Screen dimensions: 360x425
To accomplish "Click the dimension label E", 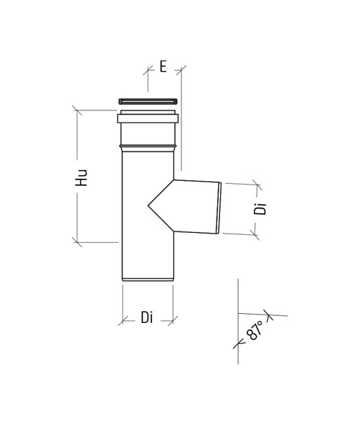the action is point(163,66).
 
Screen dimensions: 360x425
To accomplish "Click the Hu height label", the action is point(82,178).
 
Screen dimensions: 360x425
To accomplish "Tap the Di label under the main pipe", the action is point(146,317).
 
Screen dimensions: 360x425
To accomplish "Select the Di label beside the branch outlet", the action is point(260,209).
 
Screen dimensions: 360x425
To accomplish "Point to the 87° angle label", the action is point(255,330).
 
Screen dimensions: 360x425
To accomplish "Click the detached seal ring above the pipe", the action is point(148,101).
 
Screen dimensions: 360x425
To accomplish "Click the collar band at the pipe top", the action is point(148,118).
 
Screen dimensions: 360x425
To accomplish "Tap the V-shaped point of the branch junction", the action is point(148,206).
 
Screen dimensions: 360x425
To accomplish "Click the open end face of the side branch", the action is point(219,208).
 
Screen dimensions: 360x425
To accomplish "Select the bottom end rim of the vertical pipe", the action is point(148,279).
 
